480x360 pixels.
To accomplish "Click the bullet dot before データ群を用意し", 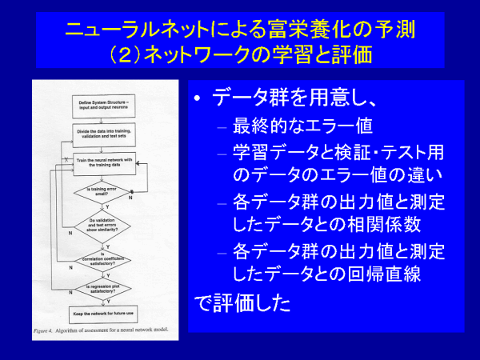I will pos(199,99).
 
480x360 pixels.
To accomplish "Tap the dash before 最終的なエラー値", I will pos(222,126).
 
